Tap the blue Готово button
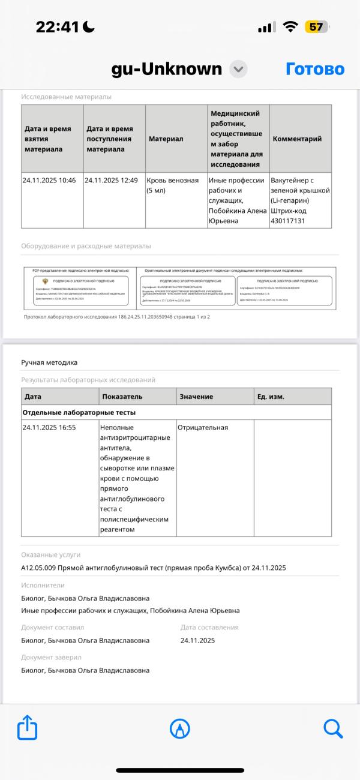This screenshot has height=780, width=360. tap(314, 69)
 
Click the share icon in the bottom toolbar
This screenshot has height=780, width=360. tap(28, 728)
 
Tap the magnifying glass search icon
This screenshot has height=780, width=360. tap(332, 728)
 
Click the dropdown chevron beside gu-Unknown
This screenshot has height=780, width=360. tap(239, 69)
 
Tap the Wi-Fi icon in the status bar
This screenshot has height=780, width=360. tap(291, 27)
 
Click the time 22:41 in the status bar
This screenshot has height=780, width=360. tap(58, 27)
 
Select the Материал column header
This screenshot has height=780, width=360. tap(166, 139)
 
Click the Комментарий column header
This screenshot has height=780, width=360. tap(297, 139)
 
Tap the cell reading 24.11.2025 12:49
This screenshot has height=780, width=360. tap(112, 180)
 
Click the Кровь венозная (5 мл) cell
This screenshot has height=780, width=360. tap(173, 185)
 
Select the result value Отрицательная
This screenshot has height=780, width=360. tap(203, 427)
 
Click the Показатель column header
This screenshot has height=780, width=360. tap(122, 397)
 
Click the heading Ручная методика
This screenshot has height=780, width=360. tap(49, 362)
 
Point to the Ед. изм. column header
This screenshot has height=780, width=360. tap(271, 397)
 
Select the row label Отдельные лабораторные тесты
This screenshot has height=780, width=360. tap(79, 412)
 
